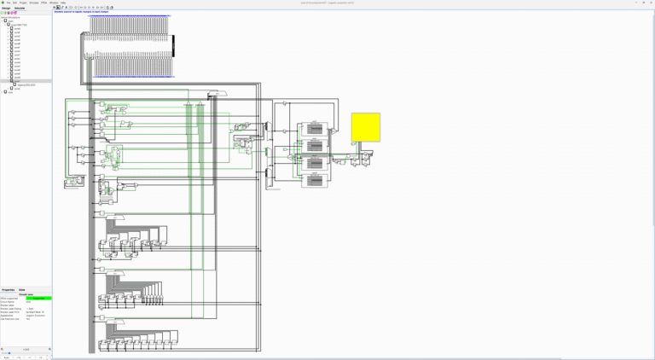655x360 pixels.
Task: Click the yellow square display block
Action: (x=366, y=127)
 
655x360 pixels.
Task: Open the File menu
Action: (x=9, y=3)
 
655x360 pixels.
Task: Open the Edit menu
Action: (x=14, y=3)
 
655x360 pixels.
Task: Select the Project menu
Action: (x=23, y=3)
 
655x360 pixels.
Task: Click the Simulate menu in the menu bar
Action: (x=34, y=3)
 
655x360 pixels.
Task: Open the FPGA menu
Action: (x=44, y=3)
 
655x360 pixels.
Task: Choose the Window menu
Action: (x=54, y=3)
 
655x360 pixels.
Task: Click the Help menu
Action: (x=63, y=3)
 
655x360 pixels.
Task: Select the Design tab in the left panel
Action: (x=6, y=8)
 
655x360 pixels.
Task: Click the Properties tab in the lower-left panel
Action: (x=9, y=290)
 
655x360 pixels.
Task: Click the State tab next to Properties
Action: (x=22, y=290)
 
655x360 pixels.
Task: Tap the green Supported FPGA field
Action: (x=38, y=299)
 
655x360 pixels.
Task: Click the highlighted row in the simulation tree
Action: (x=26, y=81)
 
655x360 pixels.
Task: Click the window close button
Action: (x=651, y=3)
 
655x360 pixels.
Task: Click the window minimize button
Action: (x=635, y=3)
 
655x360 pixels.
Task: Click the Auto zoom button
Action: (x=7, y=357)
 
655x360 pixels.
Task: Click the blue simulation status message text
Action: (x=81, y=12)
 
